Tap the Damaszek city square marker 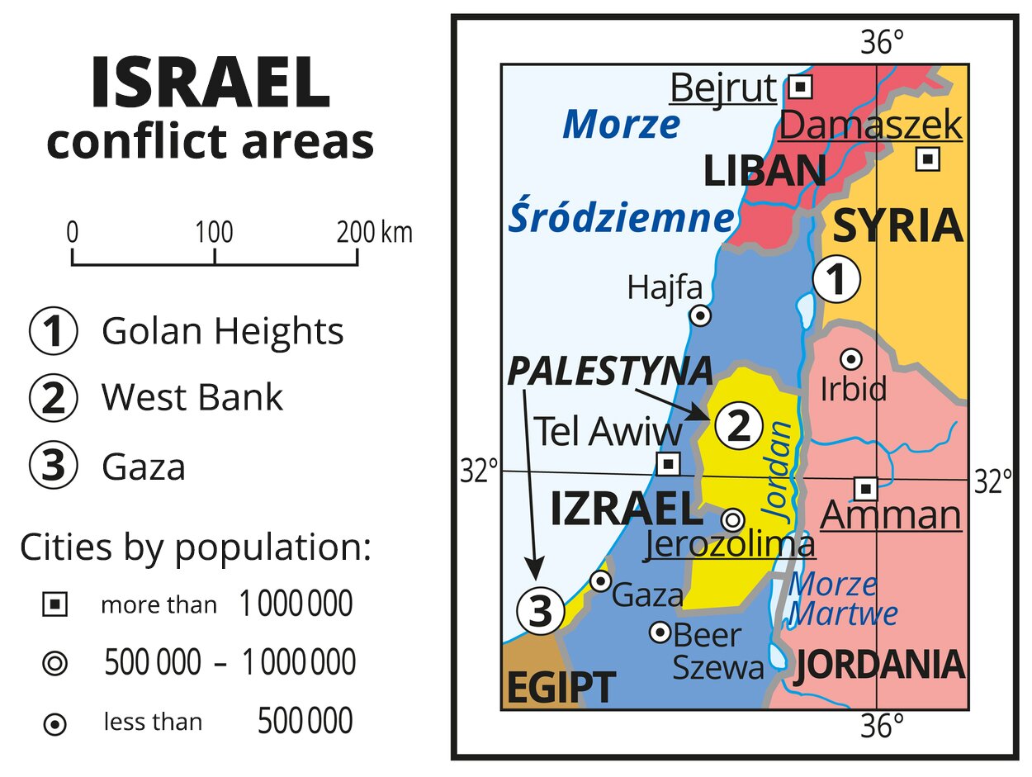[x=928, y=159]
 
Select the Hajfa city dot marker [x=700, y=315]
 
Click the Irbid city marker [x=850, y=359]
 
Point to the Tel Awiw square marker [x=668, y=463]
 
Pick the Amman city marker [x=865, y=488]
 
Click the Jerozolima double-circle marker [x=732, y=519]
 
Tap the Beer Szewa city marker [x=660, y=632]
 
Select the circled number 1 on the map [x=836, y=281]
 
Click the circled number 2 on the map [x=737, y=427]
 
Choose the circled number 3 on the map [x=540, y=612]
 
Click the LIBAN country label [x=765, y=172]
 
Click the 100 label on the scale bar [x=215, y=233]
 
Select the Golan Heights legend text [x=222, y=331]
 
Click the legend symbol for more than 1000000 [x=54, y=605]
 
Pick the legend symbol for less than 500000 [x=54, y=724]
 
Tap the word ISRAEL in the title [x=210, y=84]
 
